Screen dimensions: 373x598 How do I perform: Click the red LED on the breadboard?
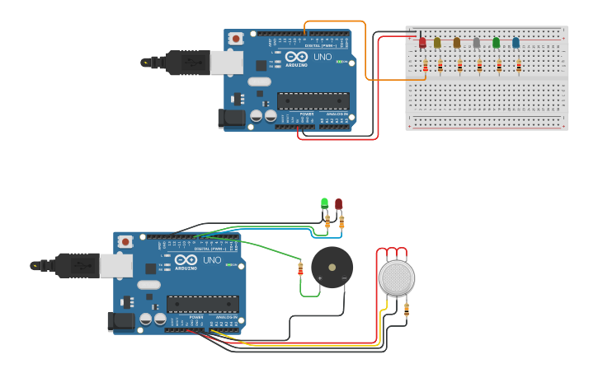point(422,42)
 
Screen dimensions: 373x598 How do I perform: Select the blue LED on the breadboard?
point(516,42)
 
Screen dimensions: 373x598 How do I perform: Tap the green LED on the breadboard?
point(496,42)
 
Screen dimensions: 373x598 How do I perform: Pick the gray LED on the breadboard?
point(476,43)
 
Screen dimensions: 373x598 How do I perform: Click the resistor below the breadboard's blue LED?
point(518,65)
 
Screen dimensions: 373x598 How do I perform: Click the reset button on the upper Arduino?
point(236,38)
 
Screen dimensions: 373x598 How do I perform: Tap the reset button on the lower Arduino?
point(125,241)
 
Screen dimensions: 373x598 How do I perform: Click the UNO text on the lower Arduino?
point(211,260)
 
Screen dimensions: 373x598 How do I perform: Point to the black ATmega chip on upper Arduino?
point(313,100)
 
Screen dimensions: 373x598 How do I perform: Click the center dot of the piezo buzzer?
point(332,267)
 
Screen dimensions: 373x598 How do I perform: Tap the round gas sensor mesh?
point(396,277)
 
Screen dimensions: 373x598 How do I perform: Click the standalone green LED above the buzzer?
point(324,203)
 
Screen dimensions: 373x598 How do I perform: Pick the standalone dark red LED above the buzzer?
point(338,204)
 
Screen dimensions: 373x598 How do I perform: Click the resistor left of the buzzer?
point(300,268)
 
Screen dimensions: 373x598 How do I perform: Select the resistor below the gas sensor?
point(406,309)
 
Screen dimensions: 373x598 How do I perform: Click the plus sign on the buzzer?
point(319,279)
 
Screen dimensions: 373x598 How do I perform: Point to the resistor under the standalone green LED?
point(327,221)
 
